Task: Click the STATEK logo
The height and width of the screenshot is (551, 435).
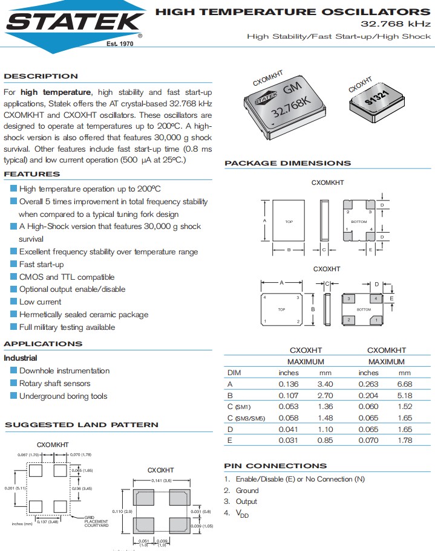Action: pos(73,23)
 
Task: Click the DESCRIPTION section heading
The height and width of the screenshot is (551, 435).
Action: pos(41,76)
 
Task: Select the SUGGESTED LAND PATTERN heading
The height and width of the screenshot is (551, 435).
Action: pos(82,425)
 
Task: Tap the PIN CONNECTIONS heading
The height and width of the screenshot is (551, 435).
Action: pos(275,466)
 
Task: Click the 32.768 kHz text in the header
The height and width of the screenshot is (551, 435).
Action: pos(396,24)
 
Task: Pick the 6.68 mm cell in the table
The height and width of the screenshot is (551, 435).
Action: pos(405,384)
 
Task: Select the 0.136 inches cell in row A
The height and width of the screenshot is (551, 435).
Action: pos(289,384)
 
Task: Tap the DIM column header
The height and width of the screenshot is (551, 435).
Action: pos(234,373)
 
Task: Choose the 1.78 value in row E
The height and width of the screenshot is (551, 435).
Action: pos(405,440)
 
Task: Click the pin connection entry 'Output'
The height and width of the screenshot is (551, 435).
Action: pos(246,501)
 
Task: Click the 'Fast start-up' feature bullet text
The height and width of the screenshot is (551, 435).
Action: pos(41,265)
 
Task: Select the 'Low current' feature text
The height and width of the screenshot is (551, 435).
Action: pos(40,302)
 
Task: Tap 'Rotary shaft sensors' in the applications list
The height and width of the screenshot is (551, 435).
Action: pos(54,384)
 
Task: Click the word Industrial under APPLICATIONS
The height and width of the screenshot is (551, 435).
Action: pos(21,358)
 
